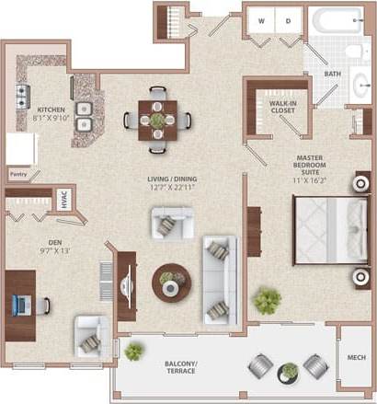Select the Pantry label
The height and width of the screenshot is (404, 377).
pos(17,172)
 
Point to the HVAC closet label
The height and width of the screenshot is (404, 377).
pos(64,202)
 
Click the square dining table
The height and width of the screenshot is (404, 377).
pos(158,120)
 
